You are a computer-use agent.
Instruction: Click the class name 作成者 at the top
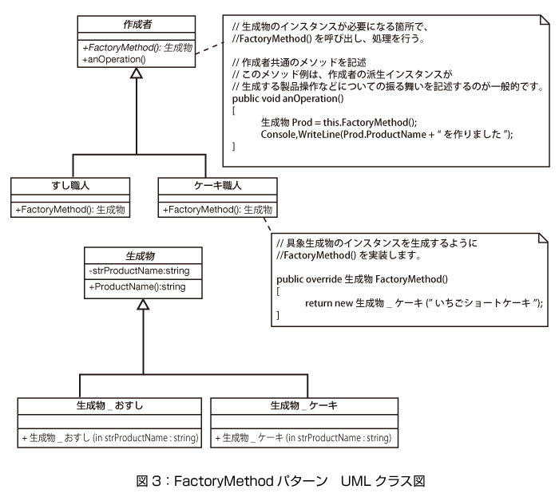point(137,24)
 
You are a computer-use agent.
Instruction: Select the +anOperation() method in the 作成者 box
point(113,59)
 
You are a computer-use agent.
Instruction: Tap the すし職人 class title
point(70,186)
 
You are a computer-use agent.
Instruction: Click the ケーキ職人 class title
point(217,186)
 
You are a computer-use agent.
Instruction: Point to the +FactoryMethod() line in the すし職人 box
point(70,209)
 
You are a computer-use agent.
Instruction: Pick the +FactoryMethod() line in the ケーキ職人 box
point(217,209)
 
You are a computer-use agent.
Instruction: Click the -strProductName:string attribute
point(139,270)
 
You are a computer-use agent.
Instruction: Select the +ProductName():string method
point(137,286)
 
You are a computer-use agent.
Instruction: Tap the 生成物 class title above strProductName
point(140,255)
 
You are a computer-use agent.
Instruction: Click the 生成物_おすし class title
point(109,405)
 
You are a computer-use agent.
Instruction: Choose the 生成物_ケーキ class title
point(303,405)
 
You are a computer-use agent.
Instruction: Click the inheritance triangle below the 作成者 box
point(137,73)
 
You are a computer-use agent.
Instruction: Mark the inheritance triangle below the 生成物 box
point(143,305)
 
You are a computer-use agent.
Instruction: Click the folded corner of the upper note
point(545,20)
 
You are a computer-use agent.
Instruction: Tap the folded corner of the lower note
point(543,239)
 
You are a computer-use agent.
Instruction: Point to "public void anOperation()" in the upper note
point(287,99)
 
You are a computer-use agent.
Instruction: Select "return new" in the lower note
point(329,303)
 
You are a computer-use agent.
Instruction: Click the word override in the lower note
point(323,279)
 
